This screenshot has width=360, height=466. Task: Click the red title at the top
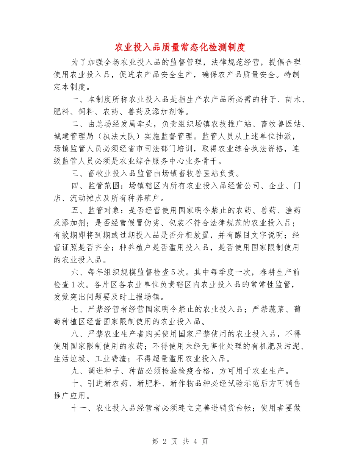click(180, 47)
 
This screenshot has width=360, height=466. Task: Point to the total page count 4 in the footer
click(194, 441)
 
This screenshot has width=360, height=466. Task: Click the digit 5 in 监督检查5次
click(173, 272)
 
